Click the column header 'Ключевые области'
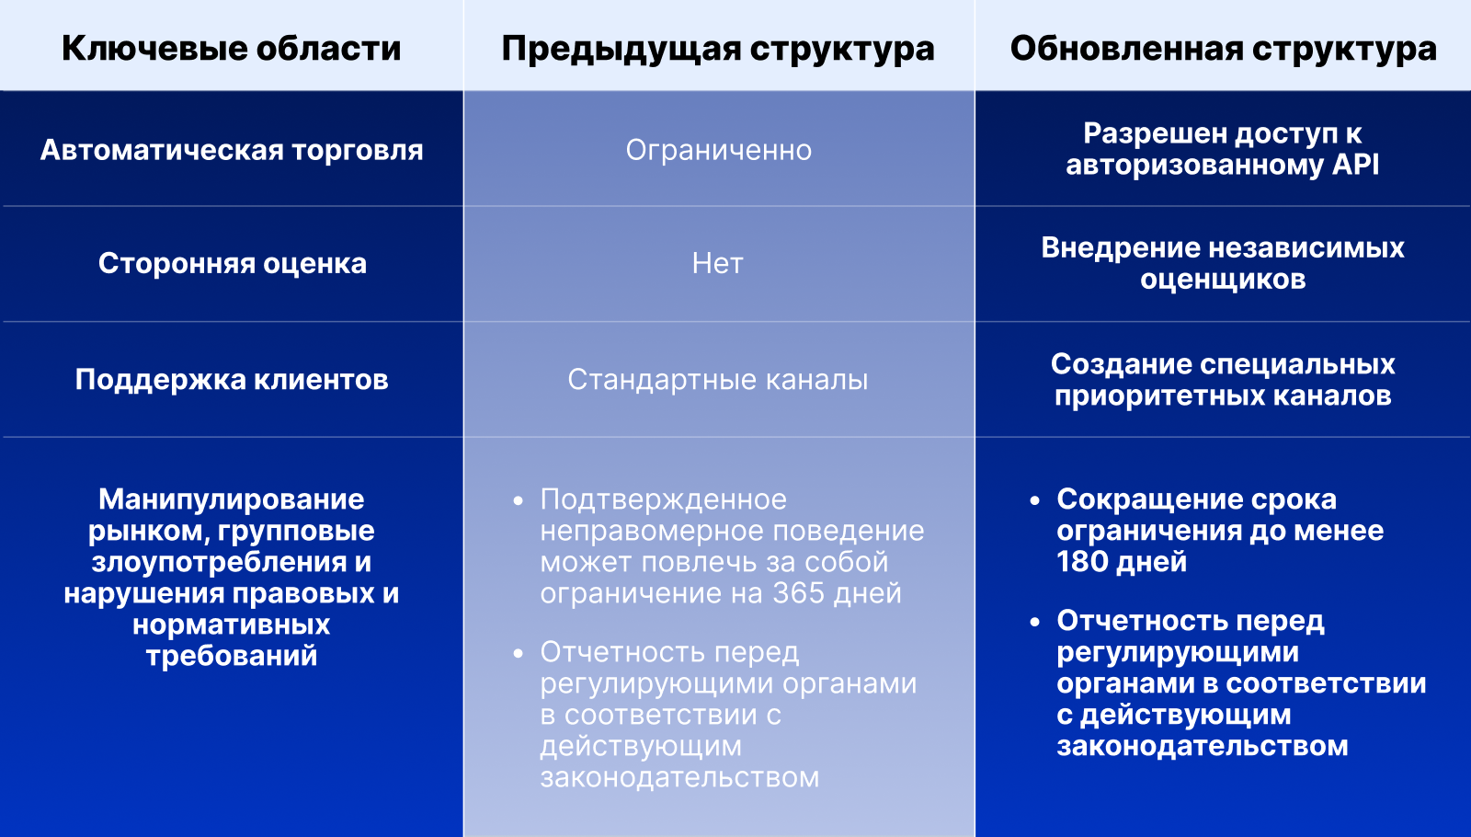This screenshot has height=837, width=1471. (x=231, y=49)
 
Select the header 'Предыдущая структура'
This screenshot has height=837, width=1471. (x=718, y=50)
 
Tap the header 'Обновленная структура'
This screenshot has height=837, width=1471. (x=1223, y=50)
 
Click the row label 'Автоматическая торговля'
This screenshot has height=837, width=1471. (x=231, y=151)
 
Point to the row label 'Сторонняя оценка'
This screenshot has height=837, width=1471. (x=232, y=263)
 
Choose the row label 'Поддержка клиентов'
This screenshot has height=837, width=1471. (x=231, y=380)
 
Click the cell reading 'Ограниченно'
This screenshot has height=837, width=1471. (x=718, y=151)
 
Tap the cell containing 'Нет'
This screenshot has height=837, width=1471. (x=718, y=264)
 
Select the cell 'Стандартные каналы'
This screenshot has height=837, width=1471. (x=718, y=380)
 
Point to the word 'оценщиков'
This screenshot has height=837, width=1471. (x=1223, y=281)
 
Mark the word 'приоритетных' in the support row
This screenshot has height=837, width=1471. (x=1144, y=396)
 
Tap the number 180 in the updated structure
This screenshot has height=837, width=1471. (x=1078, y=562)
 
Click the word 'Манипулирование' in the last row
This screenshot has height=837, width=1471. (x=231, y=500)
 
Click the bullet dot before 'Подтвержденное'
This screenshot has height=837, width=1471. (x=519, y=501)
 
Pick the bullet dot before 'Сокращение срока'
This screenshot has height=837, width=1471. (x=1035, y=501)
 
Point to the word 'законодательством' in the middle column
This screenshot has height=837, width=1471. (x=679, y=778)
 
